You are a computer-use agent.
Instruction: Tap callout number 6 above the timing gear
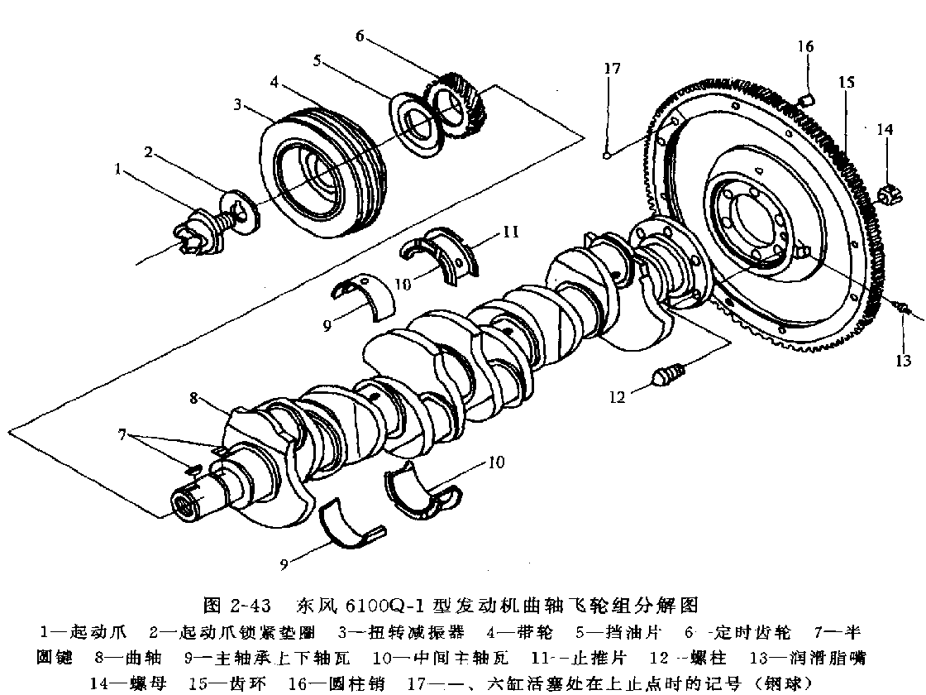pyautogui.click(x=360, y=36)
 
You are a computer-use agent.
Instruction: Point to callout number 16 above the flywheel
pyautogui.click(x=806, y=46)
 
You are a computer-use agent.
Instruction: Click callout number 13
pyautogui.click(x=903, y=360)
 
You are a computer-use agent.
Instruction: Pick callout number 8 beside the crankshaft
pyautogui.click(x=194, y=398)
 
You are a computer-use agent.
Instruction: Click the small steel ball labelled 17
pyautogui.click(x=608, y=151)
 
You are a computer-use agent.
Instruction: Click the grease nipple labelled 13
pyautogui.click(x=902, y=309)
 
